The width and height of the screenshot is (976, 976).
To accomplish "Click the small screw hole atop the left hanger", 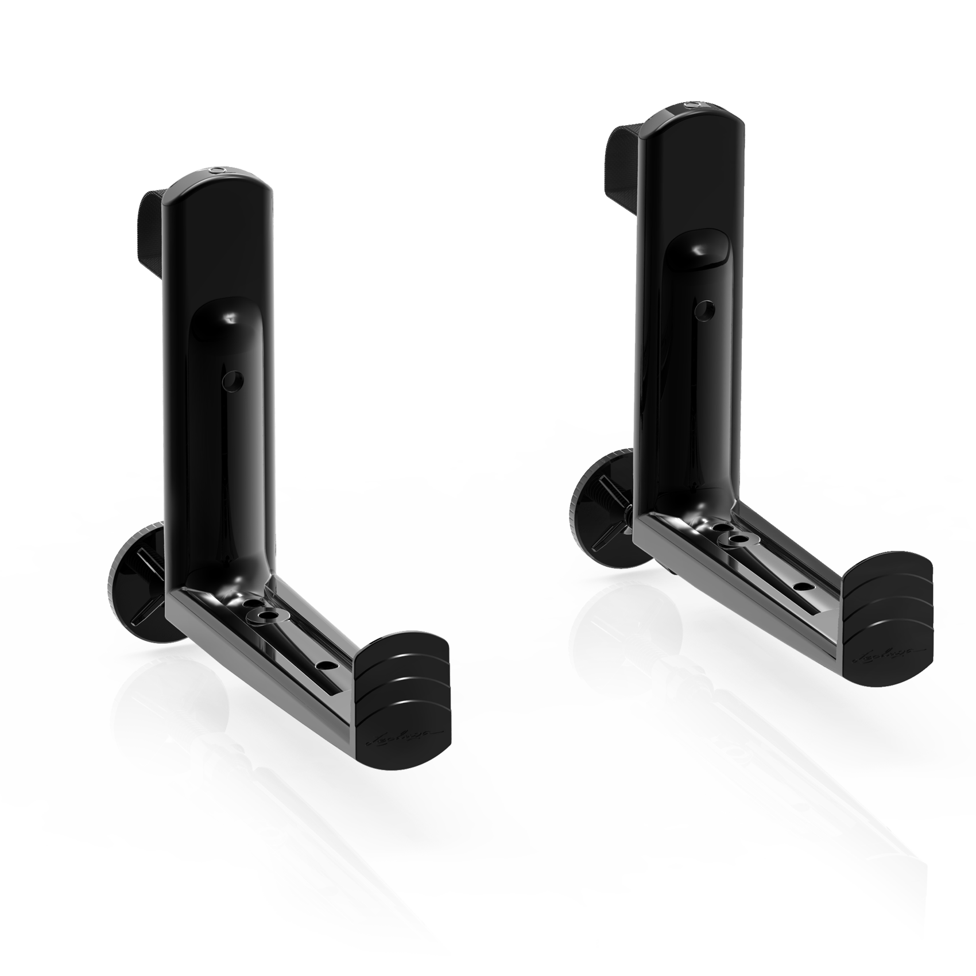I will point(218,171).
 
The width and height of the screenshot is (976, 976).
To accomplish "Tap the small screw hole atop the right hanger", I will point(692,105).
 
